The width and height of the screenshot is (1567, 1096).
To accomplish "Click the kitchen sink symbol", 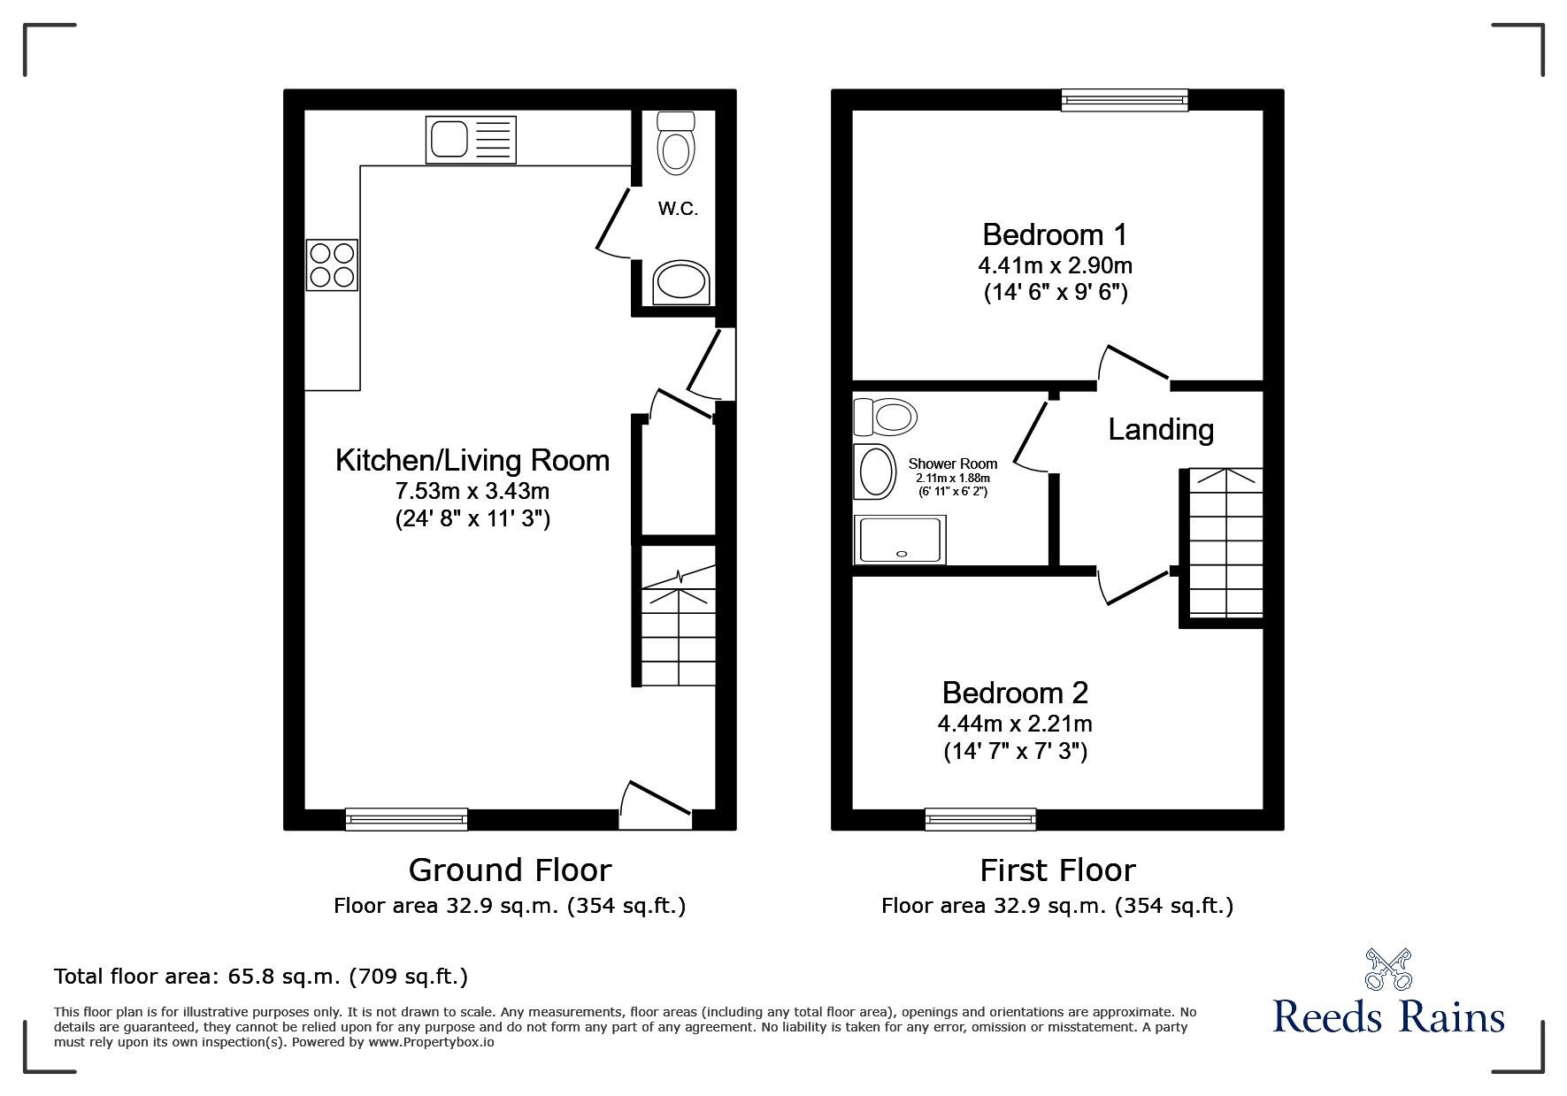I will coord(471,141).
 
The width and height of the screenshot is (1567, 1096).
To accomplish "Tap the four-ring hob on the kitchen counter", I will coord(332,264).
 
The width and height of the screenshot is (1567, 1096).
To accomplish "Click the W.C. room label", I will coord(678,210).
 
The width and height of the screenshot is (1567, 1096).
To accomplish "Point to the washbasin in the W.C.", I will coord(680,283).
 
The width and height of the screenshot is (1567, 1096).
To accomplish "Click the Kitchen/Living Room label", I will coord(472,460).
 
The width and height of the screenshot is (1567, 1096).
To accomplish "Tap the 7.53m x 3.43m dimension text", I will coord(472,490).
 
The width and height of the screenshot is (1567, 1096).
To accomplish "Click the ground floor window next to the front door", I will coord(406,819).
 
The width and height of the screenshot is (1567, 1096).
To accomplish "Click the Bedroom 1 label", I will coord(1055,234).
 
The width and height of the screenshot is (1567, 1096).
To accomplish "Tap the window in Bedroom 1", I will coord(1124,100).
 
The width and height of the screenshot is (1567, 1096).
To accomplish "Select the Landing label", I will coord(1161,430).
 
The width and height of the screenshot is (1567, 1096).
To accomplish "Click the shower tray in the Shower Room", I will coord(899,540).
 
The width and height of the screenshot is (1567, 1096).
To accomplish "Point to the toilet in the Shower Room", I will coord(885,417).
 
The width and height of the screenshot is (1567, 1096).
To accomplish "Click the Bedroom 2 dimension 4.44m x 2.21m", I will coord(1015,724).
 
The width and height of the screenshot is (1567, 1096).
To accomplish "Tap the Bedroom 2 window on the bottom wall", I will coord(979,819).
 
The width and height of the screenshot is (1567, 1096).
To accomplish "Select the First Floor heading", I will coord(1057,870).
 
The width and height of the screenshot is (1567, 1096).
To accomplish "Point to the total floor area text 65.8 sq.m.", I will coord(261,977).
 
